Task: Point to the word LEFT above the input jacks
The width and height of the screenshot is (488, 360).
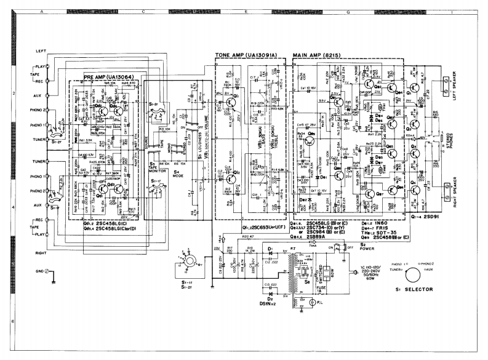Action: pos(26,50)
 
